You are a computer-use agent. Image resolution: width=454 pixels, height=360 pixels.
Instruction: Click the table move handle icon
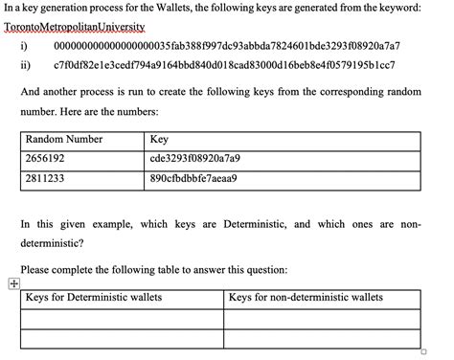(12, 282)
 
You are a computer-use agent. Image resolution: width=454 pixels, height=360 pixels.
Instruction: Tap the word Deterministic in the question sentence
(255, 224)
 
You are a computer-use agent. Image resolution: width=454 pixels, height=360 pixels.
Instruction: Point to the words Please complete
(57, 269)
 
